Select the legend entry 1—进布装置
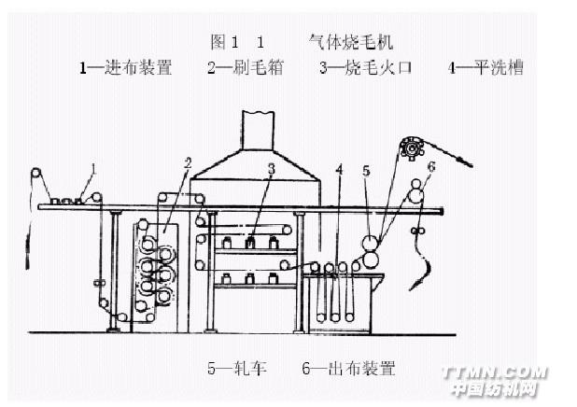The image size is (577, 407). pos(125,68)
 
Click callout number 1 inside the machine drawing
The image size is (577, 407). pos(94,168)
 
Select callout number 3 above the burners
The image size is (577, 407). pos(271,169)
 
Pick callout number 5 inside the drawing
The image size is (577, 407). pos(366,171)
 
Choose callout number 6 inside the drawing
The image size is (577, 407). pos(431,167)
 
